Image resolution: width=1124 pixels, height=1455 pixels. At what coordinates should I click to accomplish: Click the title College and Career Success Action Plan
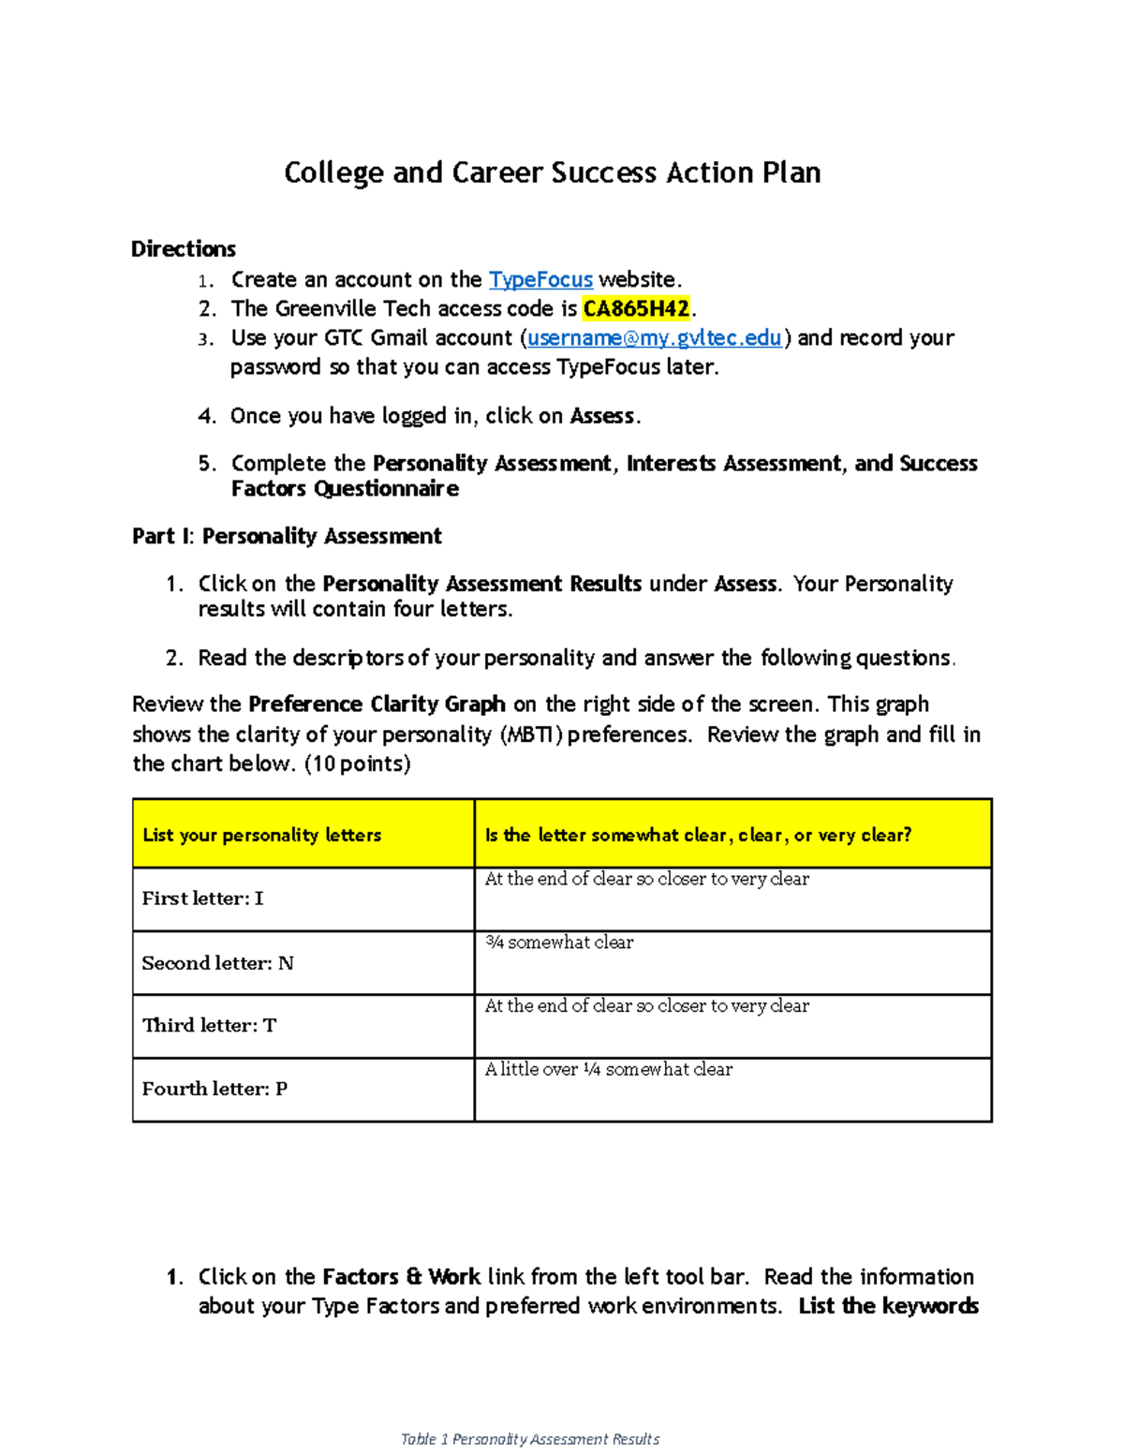tap(553, 173)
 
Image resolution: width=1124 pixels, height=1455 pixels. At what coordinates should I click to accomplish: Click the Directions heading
tap(184, 249)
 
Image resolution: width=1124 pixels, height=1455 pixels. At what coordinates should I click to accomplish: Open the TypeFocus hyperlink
tap(540, 280)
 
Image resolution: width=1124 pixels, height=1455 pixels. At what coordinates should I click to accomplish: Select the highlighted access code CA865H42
tap(636, 309)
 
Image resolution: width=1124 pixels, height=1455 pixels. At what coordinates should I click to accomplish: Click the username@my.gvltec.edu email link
tap(654, 338)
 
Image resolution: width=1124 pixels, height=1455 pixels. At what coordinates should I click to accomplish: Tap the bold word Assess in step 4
tap(602, 416)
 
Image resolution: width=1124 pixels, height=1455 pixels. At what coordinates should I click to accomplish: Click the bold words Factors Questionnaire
tap(345, 489)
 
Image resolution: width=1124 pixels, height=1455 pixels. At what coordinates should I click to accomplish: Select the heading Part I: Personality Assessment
tap(287, 537)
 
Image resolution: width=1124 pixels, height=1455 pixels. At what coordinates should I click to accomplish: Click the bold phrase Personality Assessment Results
tap(481, 585)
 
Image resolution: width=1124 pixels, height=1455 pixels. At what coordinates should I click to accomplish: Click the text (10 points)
tap(358, 765)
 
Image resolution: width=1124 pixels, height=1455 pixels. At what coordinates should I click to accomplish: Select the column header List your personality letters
tap(261, 835)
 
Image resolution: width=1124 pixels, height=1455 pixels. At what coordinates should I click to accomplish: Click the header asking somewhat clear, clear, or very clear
tap(698, 835)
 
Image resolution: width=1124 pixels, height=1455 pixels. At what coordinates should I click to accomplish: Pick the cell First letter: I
tap(202, 898)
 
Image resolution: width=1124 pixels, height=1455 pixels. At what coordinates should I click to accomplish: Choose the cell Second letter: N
tap(217, 963)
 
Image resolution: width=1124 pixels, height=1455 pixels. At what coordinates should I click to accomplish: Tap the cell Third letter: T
tap(209, 1026)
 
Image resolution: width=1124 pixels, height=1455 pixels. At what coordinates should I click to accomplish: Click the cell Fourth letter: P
tap(214, 1090)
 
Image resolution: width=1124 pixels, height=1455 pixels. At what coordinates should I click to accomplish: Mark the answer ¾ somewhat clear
tap(559, 943)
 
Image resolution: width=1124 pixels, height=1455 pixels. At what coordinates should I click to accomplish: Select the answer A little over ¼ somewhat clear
tap(608, 1070)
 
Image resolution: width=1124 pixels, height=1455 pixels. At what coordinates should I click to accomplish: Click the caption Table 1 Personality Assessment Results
tap(530, 1439)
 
